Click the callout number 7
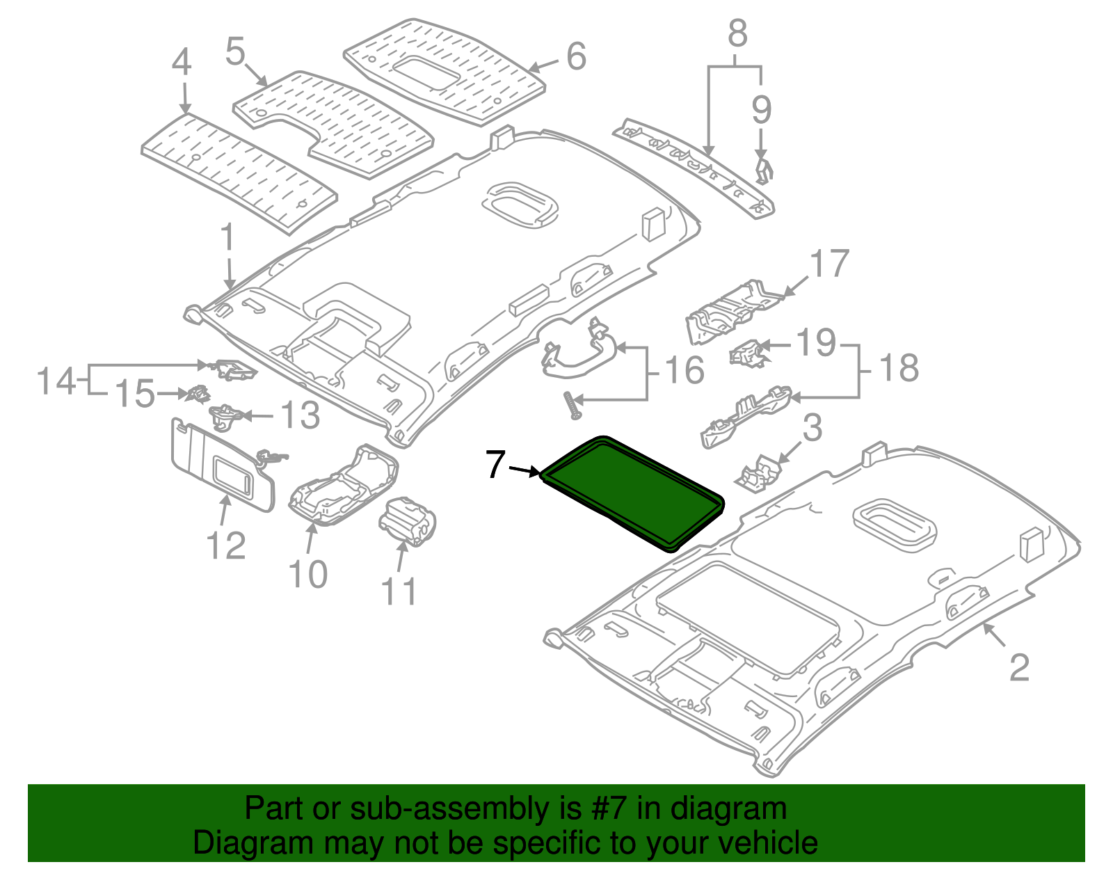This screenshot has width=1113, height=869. [495, 465]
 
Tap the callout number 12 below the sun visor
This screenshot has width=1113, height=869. [226, 545]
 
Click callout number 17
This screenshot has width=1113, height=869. [830, 264]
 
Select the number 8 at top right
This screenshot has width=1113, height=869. [737, 33]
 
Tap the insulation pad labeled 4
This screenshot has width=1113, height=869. [237, 170]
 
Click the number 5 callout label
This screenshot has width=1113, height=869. [236, 51]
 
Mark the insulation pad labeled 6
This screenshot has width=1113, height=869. [445, 70]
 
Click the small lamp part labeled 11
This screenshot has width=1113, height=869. [408, 523]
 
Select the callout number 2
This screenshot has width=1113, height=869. [1018, 668]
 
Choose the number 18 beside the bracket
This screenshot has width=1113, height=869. [899, 367]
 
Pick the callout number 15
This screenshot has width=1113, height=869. [134, 394]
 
